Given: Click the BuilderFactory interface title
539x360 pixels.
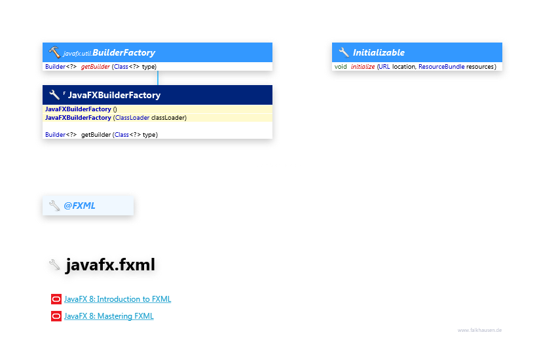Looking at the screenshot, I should (124, 52).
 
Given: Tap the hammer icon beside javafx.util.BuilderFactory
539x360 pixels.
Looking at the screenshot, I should (54, 52).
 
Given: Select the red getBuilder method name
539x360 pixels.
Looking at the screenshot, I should (95, 67).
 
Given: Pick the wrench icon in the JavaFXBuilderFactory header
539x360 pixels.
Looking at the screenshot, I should (54, 95).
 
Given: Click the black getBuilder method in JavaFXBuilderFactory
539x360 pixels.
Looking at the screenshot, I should (96, 135).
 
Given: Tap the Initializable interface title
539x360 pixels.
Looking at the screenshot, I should (379, 52).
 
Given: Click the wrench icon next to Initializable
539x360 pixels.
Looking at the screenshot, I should (343, 52).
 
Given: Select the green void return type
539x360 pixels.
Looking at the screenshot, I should (341, 67).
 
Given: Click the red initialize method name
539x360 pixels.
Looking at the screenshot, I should (363, 67).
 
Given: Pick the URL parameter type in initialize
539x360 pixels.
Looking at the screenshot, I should (384, 67).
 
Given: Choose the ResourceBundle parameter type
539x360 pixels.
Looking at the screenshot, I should (441, 67).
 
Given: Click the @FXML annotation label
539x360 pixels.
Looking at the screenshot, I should (79, 206).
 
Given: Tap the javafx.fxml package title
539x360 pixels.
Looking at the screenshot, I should (110, 264).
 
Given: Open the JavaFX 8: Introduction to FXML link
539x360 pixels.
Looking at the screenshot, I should (117, 299).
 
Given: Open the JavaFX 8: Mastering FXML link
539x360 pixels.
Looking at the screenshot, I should (109, 316).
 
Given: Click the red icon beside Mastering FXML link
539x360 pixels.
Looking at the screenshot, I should (56, 316).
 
